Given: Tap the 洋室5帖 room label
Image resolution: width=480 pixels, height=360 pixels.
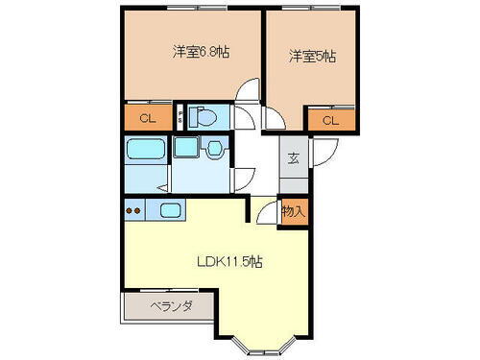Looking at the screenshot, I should [313, 58].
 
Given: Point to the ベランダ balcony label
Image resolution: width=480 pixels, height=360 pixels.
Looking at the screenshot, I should [172, 307].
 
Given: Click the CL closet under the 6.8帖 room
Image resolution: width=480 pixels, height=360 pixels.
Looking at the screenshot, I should [148, 119].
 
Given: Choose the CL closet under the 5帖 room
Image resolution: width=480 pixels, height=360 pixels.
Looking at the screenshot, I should [329, 120].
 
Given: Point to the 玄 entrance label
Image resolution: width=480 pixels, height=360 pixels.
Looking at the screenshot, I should [293, 158].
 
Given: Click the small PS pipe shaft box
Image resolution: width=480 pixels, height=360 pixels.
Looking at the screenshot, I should [181, 119].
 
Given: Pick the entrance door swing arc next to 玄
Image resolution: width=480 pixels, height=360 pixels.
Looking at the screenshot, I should [321, 152].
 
